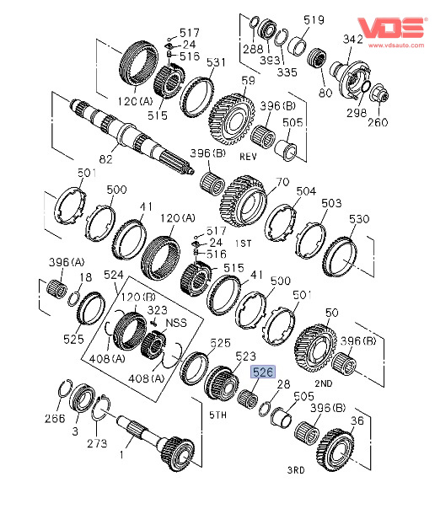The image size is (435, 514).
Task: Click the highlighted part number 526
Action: click(263, 372)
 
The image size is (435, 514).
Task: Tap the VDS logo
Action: click(392, 28)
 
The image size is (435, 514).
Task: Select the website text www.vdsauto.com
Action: click(396, 46)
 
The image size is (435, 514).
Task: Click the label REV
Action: click(248, 157)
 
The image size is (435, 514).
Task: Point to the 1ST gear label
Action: click(243, 244)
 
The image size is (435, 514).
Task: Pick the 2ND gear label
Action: click(324, 383)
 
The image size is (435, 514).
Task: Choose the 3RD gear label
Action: click(296, 470)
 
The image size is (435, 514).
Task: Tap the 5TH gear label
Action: click(218, 415)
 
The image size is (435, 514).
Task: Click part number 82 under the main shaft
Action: click(106, 159)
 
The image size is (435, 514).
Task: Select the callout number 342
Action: click(352, 40)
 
